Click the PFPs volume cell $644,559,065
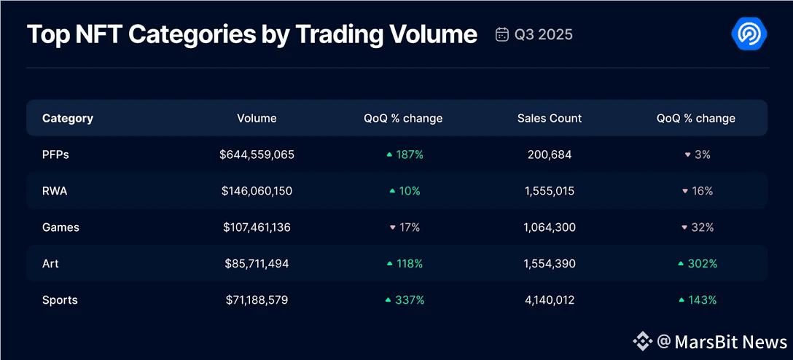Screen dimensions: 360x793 257,154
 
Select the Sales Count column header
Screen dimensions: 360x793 550,118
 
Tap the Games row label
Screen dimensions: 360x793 60,227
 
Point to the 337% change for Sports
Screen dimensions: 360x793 405,300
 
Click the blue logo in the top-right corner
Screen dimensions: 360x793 749,34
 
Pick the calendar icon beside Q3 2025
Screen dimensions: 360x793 501,34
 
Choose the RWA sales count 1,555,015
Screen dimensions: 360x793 550,191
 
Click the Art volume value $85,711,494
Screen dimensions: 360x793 257,264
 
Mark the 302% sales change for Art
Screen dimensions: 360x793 698,264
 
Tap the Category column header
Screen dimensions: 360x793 68,118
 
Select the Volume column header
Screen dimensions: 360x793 257,118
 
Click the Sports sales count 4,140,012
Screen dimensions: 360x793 550,300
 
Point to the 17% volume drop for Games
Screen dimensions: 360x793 405,227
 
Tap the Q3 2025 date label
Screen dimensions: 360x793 544,34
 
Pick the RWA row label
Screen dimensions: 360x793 56,191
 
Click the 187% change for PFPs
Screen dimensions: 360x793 405,154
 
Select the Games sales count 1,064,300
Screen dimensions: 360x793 550,227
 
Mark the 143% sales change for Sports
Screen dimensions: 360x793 698,300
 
